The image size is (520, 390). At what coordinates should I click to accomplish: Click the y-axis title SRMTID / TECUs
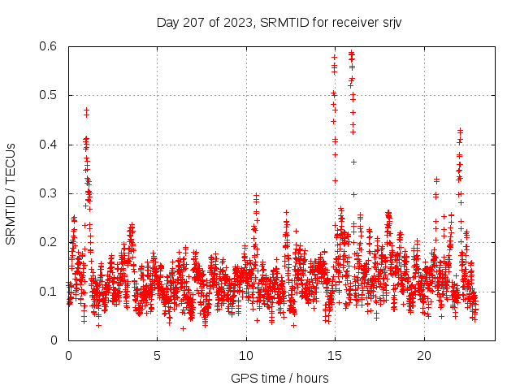click(x=11, y=193)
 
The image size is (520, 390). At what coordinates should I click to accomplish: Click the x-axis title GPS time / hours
click(x=279, y=378)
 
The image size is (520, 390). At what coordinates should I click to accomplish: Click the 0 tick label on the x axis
click(x=68, y=355)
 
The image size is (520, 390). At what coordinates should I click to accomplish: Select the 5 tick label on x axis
click(x=157, y=355)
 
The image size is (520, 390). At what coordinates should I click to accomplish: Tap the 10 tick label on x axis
click(x=246, y=355)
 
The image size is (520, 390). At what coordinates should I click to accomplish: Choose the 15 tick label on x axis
click(x=335, y=355)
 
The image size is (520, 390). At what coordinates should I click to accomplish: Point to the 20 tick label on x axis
click(x=424, y=355)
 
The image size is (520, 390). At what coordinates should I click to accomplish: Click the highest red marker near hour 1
click(x=86, y=110)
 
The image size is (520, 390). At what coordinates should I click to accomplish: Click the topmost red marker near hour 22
click(x=460, y=130)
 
